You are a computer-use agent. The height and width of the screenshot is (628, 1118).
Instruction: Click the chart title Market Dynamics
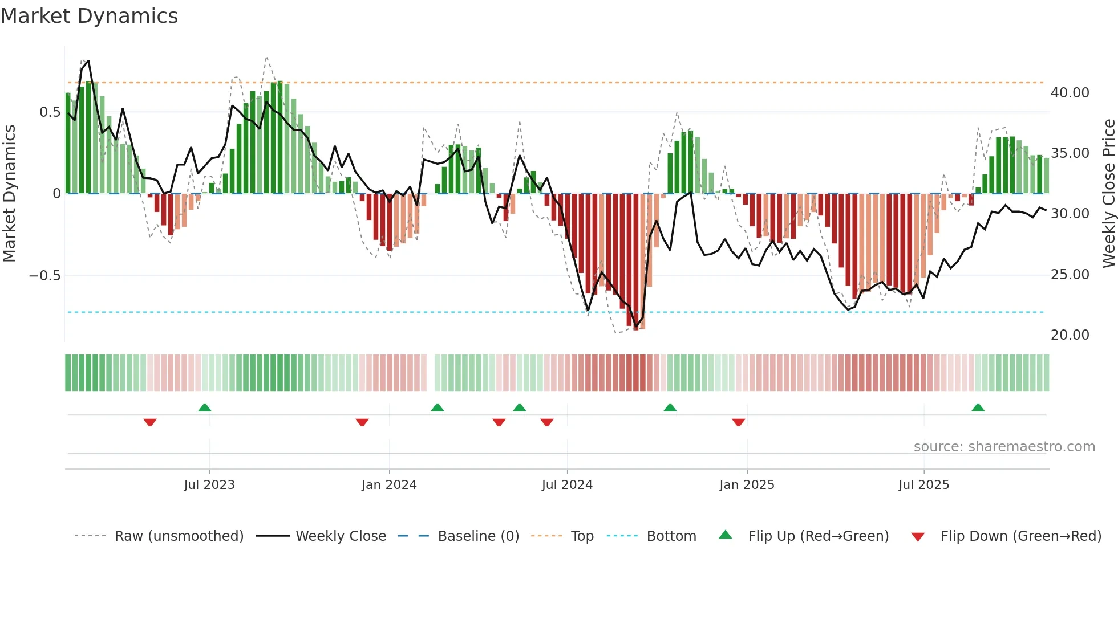[90, 16]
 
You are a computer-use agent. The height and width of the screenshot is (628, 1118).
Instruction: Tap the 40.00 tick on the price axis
[1070, 93]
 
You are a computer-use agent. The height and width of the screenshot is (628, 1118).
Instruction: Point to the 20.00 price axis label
[1070, 335]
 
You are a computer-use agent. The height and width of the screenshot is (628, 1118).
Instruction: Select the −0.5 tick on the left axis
[44, 276]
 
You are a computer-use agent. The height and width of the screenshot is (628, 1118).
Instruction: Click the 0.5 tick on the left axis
[50, 112]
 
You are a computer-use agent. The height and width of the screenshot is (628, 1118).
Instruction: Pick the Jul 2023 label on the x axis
[209, 485]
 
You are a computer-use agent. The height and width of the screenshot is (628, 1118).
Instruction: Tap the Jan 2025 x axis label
[747, 485]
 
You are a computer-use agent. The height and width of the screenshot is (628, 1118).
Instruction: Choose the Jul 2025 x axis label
[923, 485]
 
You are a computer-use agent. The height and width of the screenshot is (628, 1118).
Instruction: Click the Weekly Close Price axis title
[1108, 194]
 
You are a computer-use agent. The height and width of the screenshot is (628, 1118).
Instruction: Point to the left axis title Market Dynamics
[9, 194]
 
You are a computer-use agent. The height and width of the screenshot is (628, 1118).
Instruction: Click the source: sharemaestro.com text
[1004, 447]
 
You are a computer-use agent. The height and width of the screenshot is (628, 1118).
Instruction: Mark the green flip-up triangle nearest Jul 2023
[205, 408]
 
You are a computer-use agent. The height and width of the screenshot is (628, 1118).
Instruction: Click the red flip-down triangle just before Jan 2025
[739, 422]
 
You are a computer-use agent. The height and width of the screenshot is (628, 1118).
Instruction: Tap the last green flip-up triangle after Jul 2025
[978, 408]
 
